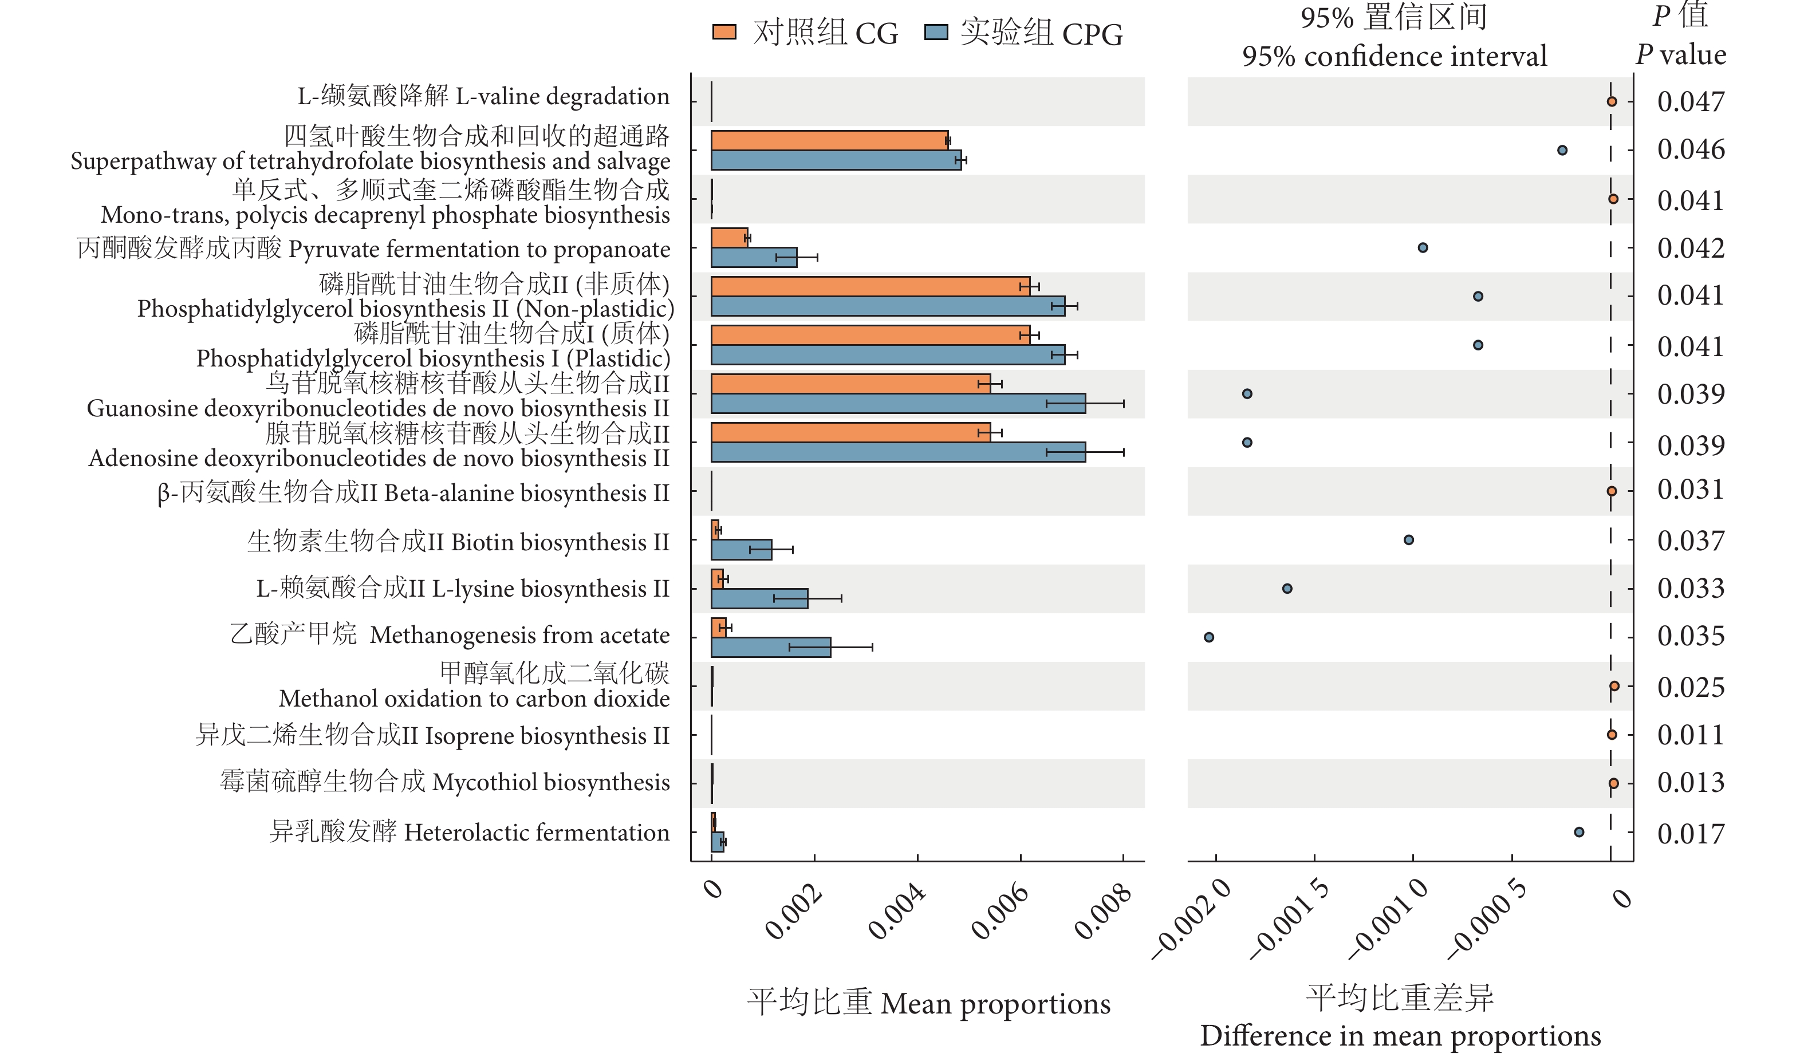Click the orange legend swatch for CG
pos(724,32)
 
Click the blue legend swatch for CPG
pos(936,32)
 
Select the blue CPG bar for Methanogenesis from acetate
pos(770,647)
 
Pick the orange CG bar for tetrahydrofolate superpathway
pos(829,140)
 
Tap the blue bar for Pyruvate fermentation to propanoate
pos(753,258)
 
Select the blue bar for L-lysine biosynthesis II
pos(759,598)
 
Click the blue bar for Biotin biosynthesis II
pos(741,550)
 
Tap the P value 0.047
pos(1690,101)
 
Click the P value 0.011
pos(1690,735)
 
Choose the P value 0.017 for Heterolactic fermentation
pos(1690,834)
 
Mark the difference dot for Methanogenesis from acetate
pos(1208,637)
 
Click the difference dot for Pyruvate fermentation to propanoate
pos(1423,247)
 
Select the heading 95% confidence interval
pos(1394,56)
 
